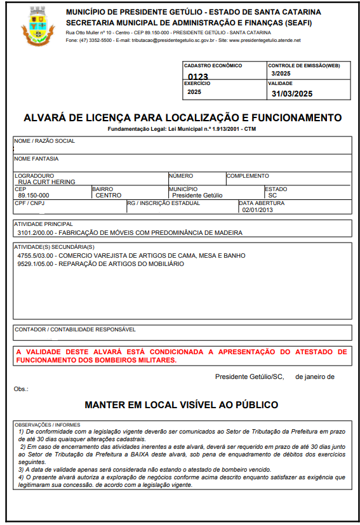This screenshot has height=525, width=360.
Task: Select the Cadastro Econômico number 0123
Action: tap(197, 77)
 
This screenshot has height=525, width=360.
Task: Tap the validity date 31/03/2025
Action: tap(292, 94)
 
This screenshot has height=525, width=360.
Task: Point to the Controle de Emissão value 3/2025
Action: tap(280, 74)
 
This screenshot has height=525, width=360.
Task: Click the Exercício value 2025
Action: tap(194, 92)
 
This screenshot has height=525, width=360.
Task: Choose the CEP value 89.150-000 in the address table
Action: tap(32, 196)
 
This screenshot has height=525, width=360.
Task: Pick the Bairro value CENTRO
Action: tap(109, 196)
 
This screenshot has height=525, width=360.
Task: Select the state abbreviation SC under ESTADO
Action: tap(272, 196)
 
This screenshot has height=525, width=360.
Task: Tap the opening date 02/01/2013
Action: tap(257, 209)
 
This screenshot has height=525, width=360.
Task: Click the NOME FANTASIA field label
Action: tap(37, 159)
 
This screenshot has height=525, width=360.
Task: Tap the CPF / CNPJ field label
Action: tap(29, 203)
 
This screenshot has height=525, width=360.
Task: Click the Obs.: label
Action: tap(21, 389)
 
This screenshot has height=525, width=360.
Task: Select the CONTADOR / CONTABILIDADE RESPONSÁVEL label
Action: tap(75, 329)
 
